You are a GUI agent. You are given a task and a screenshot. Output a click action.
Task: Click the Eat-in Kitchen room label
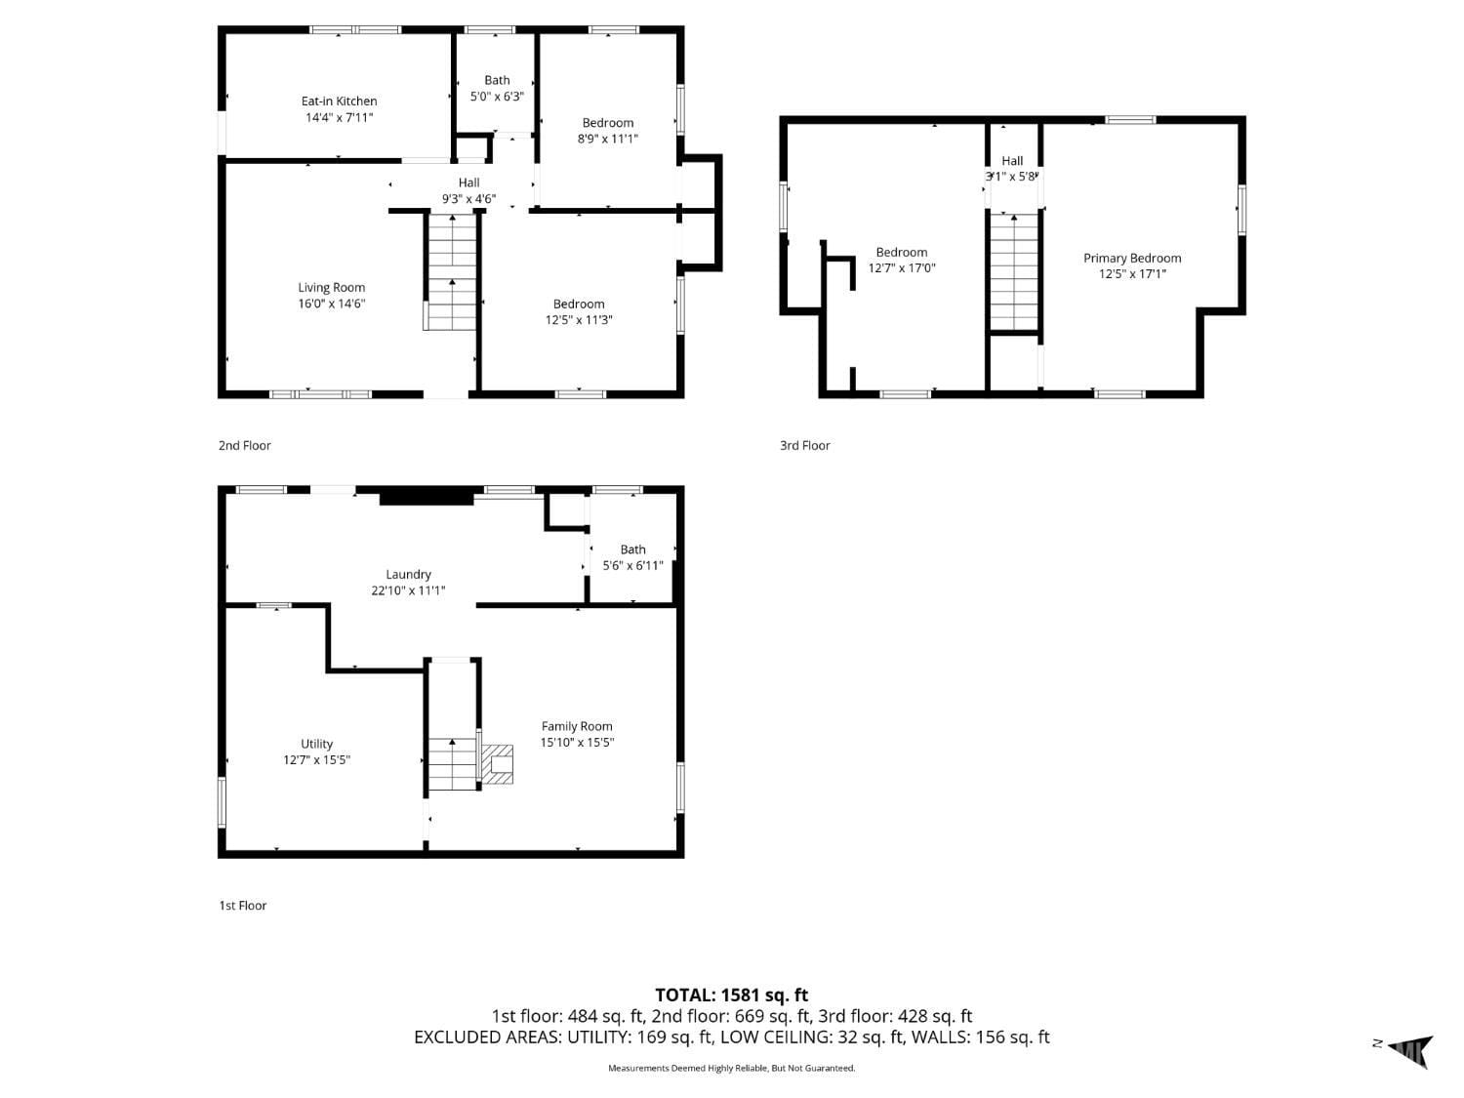[339, 101]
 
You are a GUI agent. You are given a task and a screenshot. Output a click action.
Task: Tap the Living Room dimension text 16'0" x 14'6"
[332, 304]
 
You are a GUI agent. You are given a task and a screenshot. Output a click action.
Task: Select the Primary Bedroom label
[1132, 258]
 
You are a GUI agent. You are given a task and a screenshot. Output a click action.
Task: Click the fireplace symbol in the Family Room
[499, 764]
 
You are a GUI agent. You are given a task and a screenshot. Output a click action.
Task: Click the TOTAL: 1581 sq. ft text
[731, 995]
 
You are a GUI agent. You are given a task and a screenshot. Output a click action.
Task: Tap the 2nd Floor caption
[245, 445]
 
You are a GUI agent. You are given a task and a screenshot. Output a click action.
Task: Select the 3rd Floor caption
[804, 445]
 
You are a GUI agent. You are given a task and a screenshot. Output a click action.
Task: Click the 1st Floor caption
[242, 905]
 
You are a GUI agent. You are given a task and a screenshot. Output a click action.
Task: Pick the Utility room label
[316, 744]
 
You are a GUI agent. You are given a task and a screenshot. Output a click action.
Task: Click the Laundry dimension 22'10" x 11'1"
[408, 590]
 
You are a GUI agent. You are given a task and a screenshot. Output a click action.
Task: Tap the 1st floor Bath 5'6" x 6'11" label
[632, 557]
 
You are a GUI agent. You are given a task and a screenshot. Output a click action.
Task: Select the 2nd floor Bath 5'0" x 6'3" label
[497, 88]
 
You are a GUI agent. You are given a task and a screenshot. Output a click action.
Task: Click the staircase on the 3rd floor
[1014, 272]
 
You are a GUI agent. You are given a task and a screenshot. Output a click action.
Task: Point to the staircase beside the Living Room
[451, 272]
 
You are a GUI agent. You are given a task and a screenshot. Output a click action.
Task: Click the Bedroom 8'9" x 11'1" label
[607, 130]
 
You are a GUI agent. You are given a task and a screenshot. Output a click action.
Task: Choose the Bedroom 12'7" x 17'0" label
[901, 260]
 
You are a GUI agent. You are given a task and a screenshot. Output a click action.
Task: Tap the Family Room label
[577, 726]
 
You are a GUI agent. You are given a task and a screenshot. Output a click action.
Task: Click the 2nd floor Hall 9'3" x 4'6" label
[468, 190]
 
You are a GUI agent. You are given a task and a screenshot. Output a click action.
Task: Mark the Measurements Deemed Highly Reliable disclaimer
[731, 1068]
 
